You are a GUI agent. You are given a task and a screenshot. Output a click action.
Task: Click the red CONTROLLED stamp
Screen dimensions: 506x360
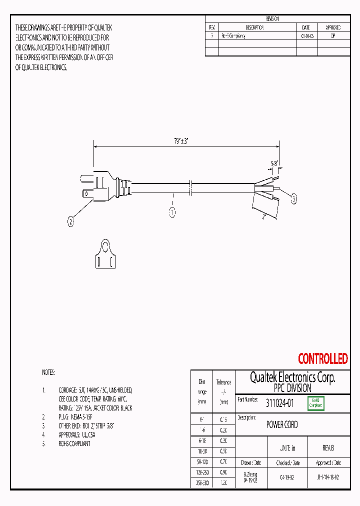(322, 358)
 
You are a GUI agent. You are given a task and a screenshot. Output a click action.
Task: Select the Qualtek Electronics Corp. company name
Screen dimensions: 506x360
(292, 377)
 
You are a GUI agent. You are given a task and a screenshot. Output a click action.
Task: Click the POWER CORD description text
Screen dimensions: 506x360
(282, 424)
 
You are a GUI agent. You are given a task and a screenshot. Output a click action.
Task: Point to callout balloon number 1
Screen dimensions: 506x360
(172, 212)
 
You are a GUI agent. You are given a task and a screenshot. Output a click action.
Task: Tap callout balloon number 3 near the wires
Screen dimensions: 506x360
(294, 199)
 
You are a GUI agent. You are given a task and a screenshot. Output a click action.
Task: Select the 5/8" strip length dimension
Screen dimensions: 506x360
(274, 163)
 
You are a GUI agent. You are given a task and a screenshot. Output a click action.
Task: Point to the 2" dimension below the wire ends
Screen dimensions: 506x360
(263, 216)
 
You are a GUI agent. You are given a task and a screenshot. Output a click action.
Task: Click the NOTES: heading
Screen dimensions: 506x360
(48, 372)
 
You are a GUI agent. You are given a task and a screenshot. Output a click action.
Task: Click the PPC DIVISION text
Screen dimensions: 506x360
(292, 388)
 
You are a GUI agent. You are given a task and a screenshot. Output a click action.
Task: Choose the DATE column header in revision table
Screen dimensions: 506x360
(306, 27)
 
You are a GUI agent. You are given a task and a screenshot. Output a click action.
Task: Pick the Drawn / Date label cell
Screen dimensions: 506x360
(250, 462)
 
